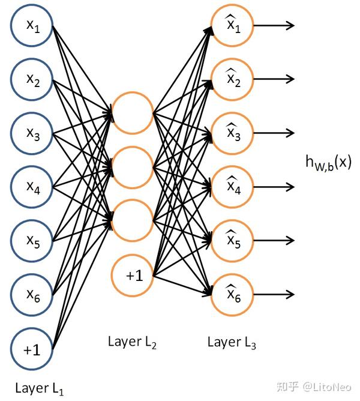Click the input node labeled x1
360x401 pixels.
[32, 26]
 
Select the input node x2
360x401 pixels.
[32, 80]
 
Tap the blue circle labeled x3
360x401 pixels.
[32, 134]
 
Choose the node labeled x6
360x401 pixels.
[32, 295]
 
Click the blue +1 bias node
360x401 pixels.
[32, 349]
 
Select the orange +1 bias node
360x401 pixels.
[133, 276]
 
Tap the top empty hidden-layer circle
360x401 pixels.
[133, 113]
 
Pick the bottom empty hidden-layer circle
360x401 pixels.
[133, 220]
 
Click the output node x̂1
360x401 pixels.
[232, 26]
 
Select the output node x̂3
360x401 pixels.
[232, 133]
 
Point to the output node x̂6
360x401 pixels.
[232, 294]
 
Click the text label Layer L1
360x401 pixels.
[40, 388]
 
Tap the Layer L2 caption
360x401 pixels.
[133, 342]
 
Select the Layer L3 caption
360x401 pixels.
[232, 342]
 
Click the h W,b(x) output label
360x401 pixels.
[328, 162]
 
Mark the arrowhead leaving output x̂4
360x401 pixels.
[290, 187]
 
